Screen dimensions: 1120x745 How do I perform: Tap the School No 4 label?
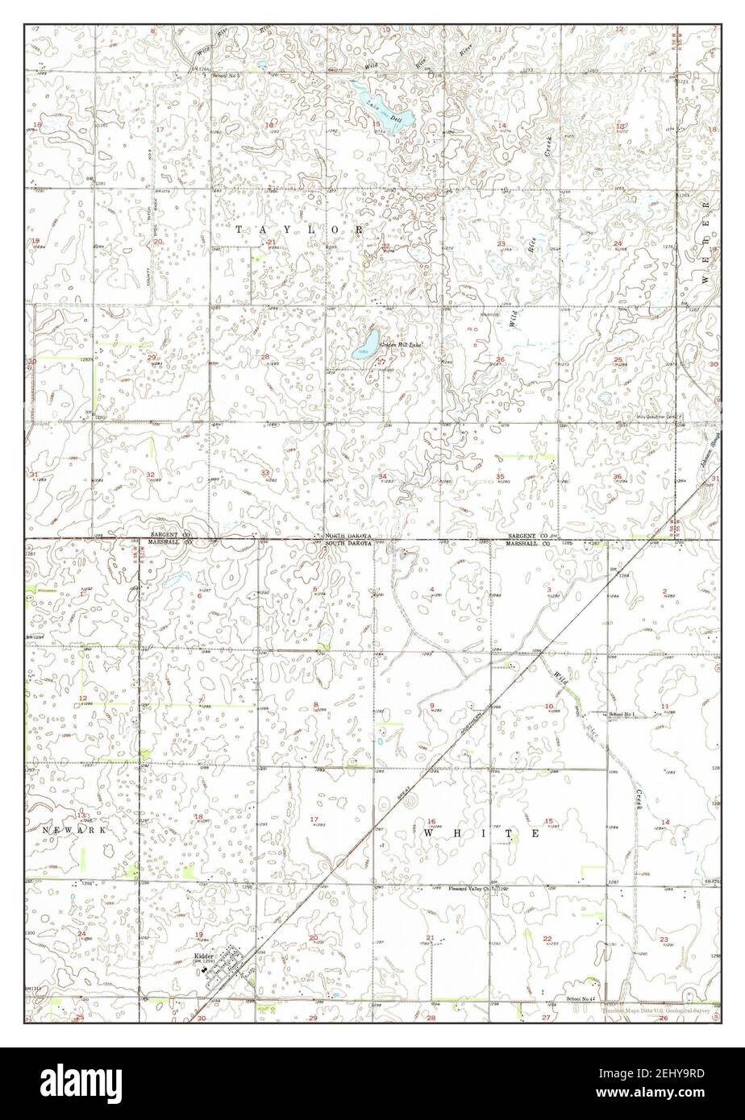[x=581, y=998]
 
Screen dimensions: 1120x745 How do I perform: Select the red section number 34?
[x=382, y=477]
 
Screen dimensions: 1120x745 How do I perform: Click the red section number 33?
[x=265, y=473]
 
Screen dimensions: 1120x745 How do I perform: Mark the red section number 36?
[x=618, y=477]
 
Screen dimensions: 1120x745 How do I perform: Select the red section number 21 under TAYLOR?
[x=273, y=242]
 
